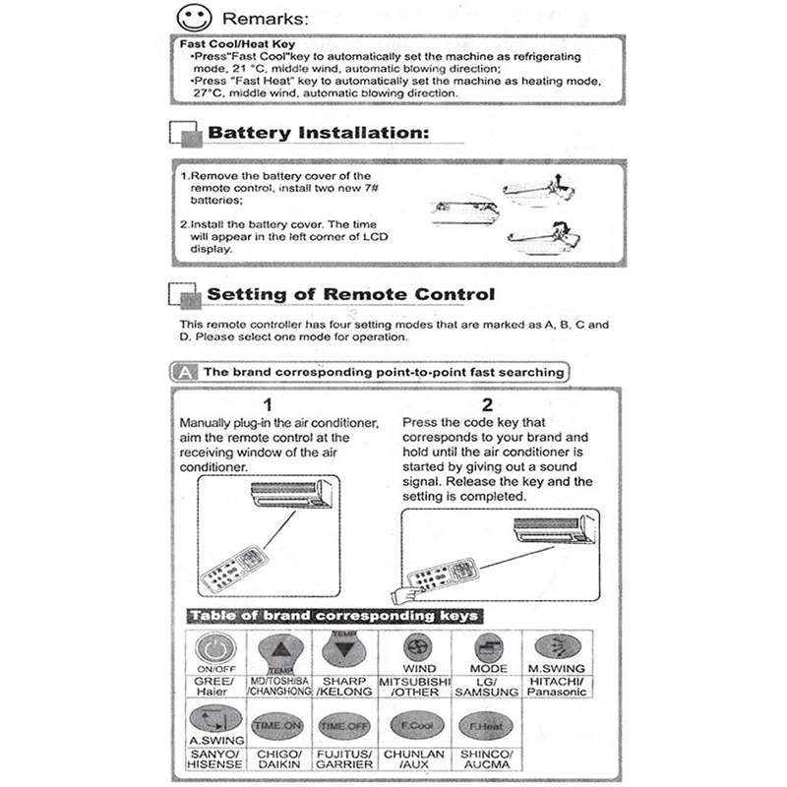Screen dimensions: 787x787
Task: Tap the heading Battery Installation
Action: [319, 133]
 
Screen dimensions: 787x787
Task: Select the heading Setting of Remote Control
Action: [350, 294]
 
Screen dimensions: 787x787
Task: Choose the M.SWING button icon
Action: [558, 648]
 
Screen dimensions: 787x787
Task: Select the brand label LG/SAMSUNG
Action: [489, 687]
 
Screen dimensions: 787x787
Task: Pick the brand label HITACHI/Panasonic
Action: [558, 686]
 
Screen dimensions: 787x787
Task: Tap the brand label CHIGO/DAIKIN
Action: [277, 758]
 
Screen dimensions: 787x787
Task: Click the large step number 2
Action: [487, 404]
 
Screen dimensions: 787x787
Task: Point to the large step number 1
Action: [268, 404]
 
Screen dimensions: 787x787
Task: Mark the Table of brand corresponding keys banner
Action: [333, 616]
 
